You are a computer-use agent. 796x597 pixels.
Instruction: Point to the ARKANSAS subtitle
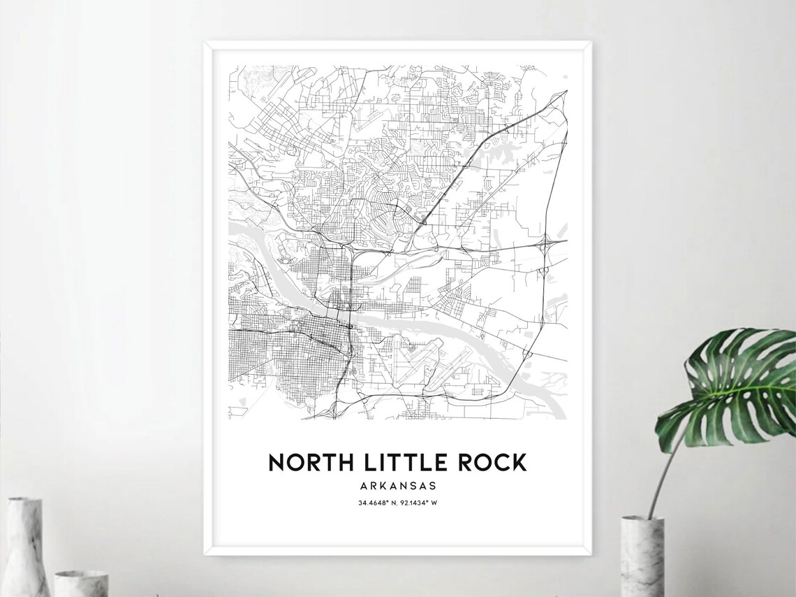click(398, 484)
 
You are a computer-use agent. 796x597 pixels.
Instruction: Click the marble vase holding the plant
click(642, 556)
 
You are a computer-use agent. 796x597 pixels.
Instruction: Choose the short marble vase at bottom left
click(81, 583)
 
